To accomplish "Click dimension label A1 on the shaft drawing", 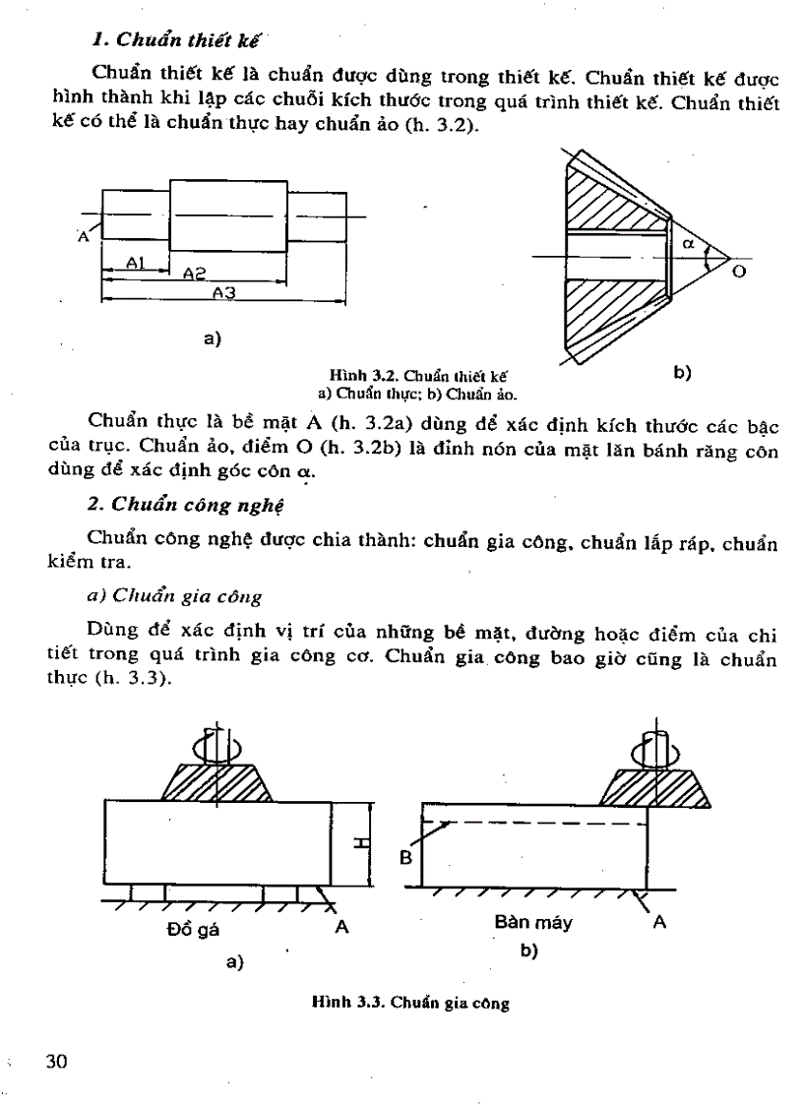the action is tap(137, 263).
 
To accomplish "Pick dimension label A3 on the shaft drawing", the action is tap(225, 293).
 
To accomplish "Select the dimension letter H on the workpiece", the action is tap(360, 842).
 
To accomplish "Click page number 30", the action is tap(55, 1061).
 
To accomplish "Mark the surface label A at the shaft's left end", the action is tap(83, 237).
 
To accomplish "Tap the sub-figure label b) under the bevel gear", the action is tap(682, 372).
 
